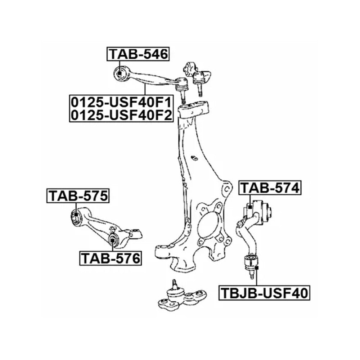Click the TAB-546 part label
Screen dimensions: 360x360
138,54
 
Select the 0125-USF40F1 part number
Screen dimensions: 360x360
121,103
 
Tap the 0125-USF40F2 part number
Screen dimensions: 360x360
121,115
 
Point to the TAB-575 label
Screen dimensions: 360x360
78,196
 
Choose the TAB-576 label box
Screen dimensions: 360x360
111,258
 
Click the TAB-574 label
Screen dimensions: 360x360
270,188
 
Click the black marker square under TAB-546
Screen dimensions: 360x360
120,73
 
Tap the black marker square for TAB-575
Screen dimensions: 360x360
76,215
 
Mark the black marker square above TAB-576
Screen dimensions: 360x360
112,240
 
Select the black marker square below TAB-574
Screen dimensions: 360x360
250,207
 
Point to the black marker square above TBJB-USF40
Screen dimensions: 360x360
257,268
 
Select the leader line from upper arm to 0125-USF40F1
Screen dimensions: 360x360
145,90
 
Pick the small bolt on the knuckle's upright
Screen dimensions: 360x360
194,158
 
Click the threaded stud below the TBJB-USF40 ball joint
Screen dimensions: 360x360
252,275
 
